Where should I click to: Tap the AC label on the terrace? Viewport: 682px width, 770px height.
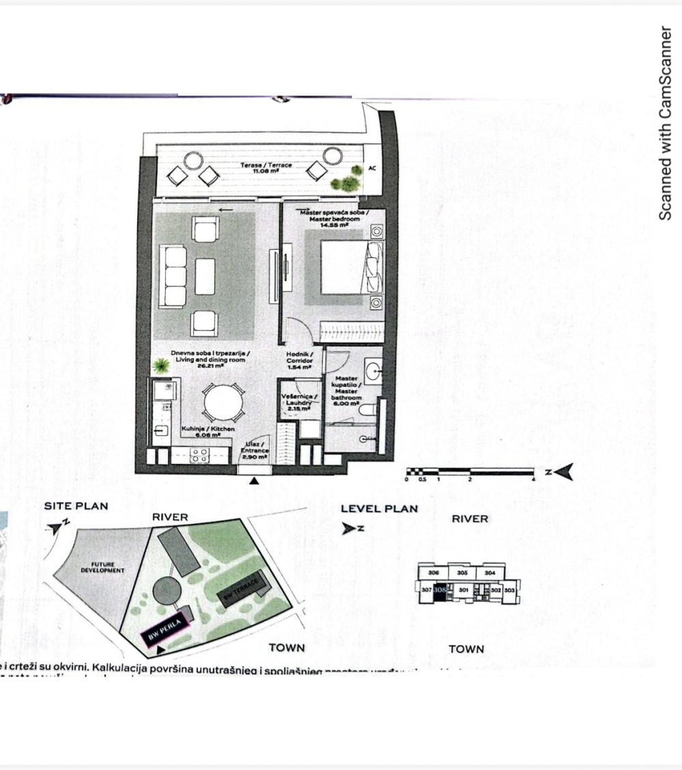pos(372,168)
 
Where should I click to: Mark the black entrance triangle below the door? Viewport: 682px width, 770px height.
pos(254,481)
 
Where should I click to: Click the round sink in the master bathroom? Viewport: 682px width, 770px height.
pos(374,372)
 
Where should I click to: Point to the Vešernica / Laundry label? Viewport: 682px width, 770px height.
pos(299,402)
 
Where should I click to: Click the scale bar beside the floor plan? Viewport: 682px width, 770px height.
pos(470,471)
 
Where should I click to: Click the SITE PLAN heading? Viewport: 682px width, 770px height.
pos(76,506)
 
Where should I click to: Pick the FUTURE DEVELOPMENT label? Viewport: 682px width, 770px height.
pos(103,567)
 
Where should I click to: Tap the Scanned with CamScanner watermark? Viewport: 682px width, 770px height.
pos(665,123)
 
